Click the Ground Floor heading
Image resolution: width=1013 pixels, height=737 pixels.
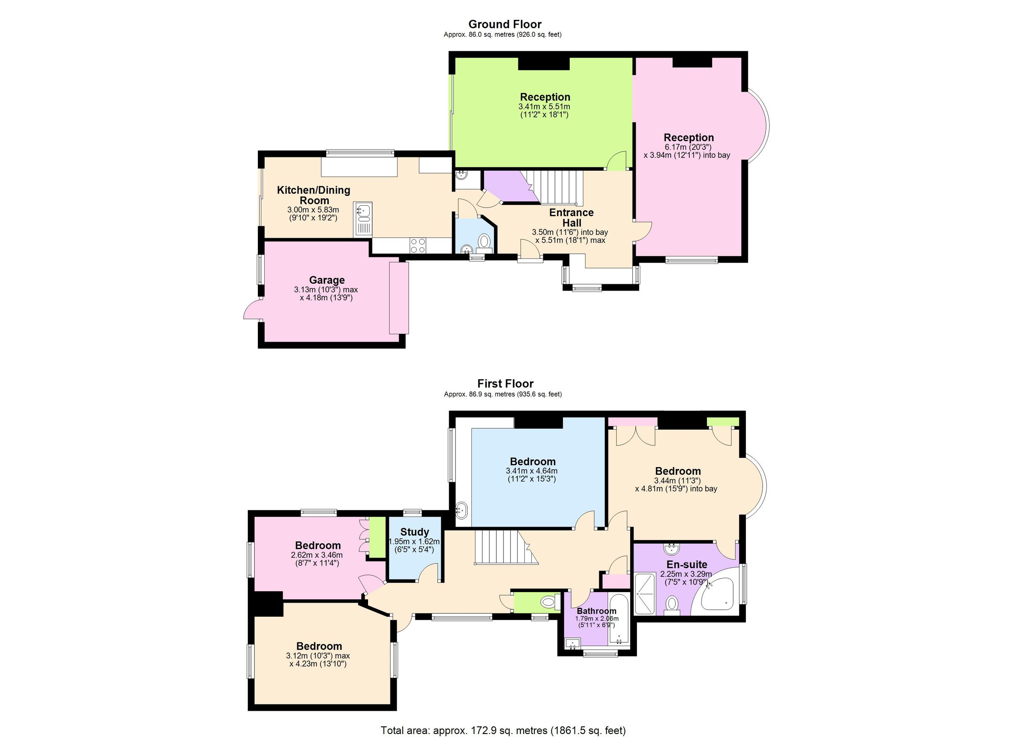point(505,24)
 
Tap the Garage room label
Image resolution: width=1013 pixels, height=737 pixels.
point(327,280)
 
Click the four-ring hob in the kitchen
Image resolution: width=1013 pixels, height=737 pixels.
point(417,245)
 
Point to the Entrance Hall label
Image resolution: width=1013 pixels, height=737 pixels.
point(571,218)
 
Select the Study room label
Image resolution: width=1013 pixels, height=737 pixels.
point(414,532)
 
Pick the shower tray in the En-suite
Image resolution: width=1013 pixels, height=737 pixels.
point(645,594)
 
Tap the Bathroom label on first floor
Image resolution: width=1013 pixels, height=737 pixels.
point(596,611)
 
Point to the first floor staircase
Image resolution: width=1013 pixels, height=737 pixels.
point(500,547)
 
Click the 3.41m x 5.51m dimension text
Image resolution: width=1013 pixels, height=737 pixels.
point(544,107)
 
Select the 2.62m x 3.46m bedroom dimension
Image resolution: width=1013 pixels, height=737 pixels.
point(317,555)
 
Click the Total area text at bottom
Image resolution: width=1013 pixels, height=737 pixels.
point(503,730)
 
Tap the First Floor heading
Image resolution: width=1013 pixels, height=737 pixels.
point(505,383)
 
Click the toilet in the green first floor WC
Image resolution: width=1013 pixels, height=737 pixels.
point(547,602)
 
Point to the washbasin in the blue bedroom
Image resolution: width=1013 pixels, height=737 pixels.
point(461,509)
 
